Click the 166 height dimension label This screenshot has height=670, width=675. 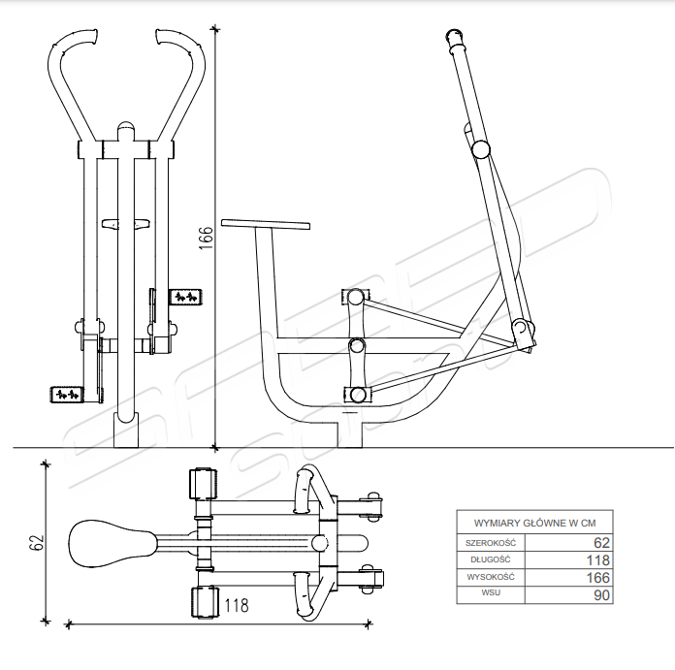pyautogui.click(x=206, y=238)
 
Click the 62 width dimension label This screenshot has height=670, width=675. pyautogui.click(x=37, y=542)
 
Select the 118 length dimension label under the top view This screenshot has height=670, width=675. pyautogui.click(x=237, y=605)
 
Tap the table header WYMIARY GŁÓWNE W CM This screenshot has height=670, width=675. pyautogui.click(x=534, y=524)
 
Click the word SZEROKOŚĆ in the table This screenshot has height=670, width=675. pyautogui.click(x=491, y=543)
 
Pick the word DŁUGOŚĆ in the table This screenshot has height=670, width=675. pyautogui.click(x=491, y=559)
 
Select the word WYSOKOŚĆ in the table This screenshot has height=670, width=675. pyautogui.click(x=491, y=577)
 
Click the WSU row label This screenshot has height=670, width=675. pyautogui.click(x=491, y=592)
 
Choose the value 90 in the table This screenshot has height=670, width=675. pyautogui.click(x=602, y=595)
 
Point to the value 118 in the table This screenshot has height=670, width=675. pyautogui.click(x=598, y=560)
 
